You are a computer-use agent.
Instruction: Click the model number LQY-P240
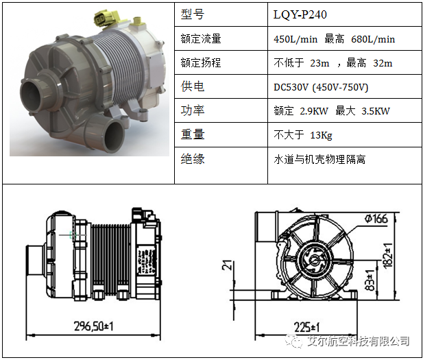point(300,14)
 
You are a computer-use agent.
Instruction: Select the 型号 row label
point(193,14)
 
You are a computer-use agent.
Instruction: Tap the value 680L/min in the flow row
point(373,39)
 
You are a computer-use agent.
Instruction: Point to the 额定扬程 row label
point(201,63)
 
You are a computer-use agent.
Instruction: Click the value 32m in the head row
point(383,63)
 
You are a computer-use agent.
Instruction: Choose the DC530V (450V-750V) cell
point(321,87)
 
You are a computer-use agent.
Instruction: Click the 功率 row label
point(193,110)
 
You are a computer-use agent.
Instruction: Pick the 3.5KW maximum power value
point(376,111)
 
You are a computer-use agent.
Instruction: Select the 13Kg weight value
point(321,135)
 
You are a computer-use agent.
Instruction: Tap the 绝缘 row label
point(193,158)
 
